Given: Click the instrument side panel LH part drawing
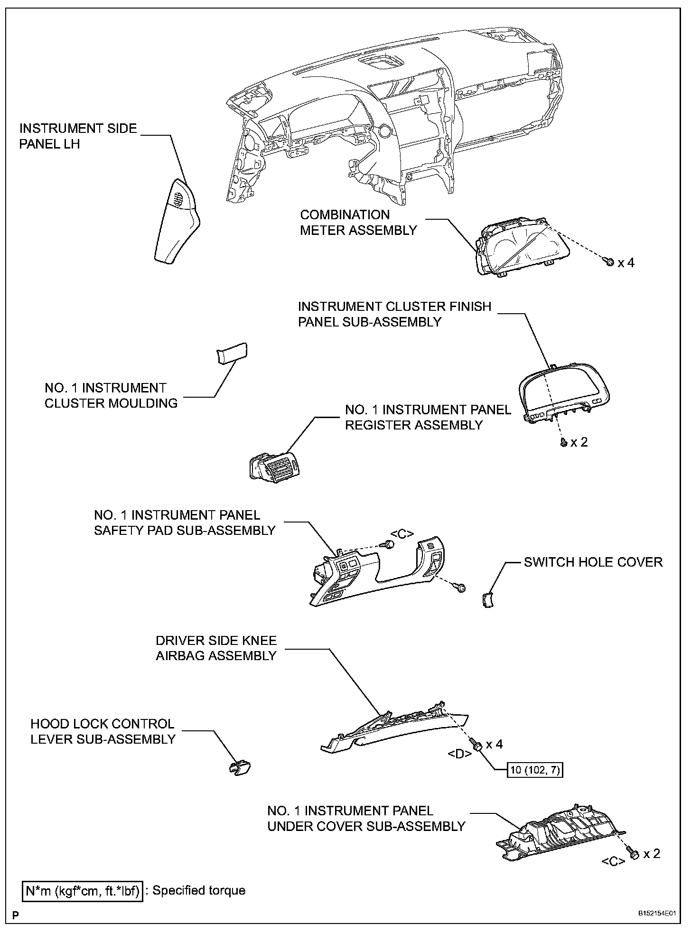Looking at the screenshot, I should click(x=177, y=221).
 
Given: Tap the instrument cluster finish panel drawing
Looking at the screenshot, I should click(x=564, y=392).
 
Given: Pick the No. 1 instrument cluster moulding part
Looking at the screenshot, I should click(x=232, y=354).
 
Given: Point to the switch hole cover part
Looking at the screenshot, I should click(x=487, y=601).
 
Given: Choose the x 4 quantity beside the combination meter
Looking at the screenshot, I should click(x=626, y=262).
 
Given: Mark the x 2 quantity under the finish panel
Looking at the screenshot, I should click(x=579, y=442).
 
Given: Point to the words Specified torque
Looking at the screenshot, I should click(x=199, y=890).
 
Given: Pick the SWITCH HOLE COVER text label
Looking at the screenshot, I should click(x=593, y=562).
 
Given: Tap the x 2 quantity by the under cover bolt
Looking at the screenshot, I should click(x=652, y=854).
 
